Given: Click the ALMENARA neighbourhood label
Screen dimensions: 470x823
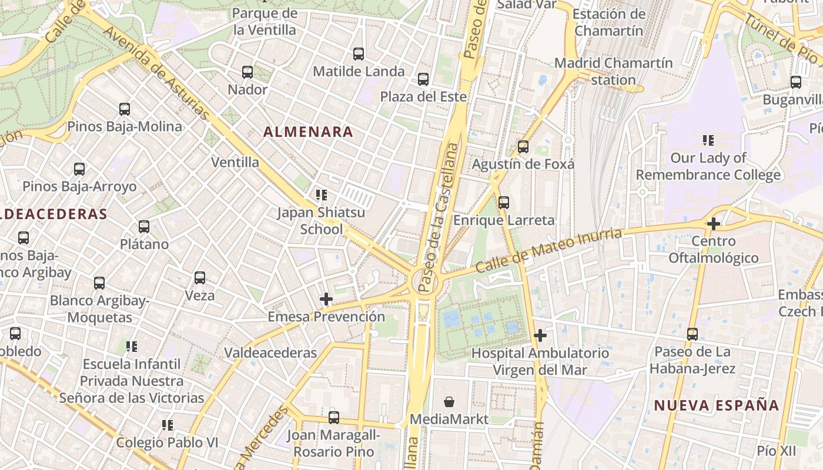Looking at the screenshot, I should (308, 132).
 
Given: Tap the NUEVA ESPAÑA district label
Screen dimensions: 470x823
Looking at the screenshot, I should (717, 405).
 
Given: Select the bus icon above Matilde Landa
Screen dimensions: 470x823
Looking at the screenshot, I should (359, 54).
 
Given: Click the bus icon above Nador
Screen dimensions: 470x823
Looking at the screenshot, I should (247, 72).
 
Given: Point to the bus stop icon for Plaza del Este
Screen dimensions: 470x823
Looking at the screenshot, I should (423, 79).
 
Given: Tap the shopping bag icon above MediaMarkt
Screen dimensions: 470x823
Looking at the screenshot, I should (449, 402).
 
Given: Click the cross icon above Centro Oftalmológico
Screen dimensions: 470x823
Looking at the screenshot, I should (714, 224).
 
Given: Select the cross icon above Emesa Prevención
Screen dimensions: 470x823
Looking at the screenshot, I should (326, 299).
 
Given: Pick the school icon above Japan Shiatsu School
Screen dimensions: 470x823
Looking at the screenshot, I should (321, 195).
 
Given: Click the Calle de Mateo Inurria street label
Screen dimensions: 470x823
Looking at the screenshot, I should (548, 250).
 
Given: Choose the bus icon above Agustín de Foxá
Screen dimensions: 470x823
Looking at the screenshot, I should (523, 147).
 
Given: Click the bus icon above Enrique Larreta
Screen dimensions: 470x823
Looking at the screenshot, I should (504, 203).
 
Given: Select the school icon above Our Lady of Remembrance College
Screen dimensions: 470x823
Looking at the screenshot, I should (708, 140).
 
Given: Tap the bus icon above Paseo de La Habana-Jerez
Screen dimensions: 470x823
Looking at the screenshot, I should (692, 334).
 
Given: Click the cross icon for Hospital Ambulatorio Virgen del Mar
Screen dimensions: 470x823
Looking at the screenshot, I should (540, 336).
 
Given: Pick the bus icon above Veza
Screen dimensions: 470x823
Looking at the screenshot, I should (200, 278).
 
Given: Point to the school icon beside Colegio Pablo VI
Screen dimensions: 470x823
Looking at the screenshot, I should (168, 425).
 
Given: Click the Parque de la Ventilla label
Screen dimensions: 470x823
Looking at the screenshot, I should (265, 21).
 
